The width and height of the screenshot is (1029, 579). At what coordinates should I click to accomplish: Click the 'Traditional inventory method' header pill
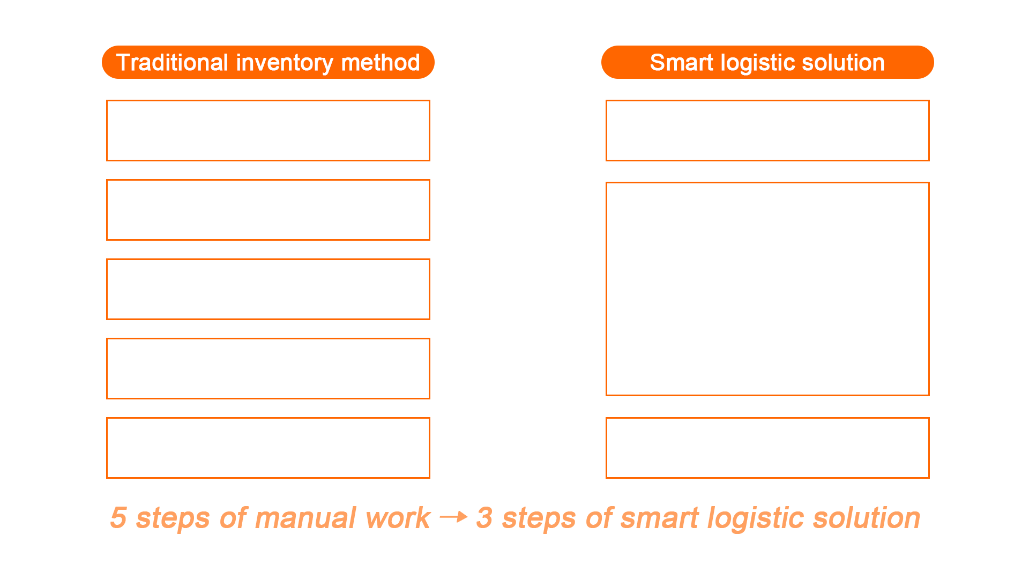click(x=268, y=62)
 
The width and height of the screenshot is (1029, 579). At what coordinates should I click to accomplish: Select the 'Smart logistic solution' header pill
click(x=767, y=62)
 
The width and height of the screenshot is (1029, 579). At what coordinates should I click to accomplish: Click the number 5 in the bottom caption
click(x=118, y=518)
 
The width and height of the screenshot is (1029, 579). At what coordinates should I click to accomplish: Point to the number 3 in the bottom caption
click(x=484, y=518)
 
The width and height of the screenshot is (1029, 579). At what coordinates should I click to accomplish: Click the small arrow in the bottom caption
click(x=453, y=517)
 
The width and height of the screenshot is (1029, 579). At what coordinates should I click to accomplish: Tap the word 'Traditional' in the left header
click(x=173, y=63)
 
